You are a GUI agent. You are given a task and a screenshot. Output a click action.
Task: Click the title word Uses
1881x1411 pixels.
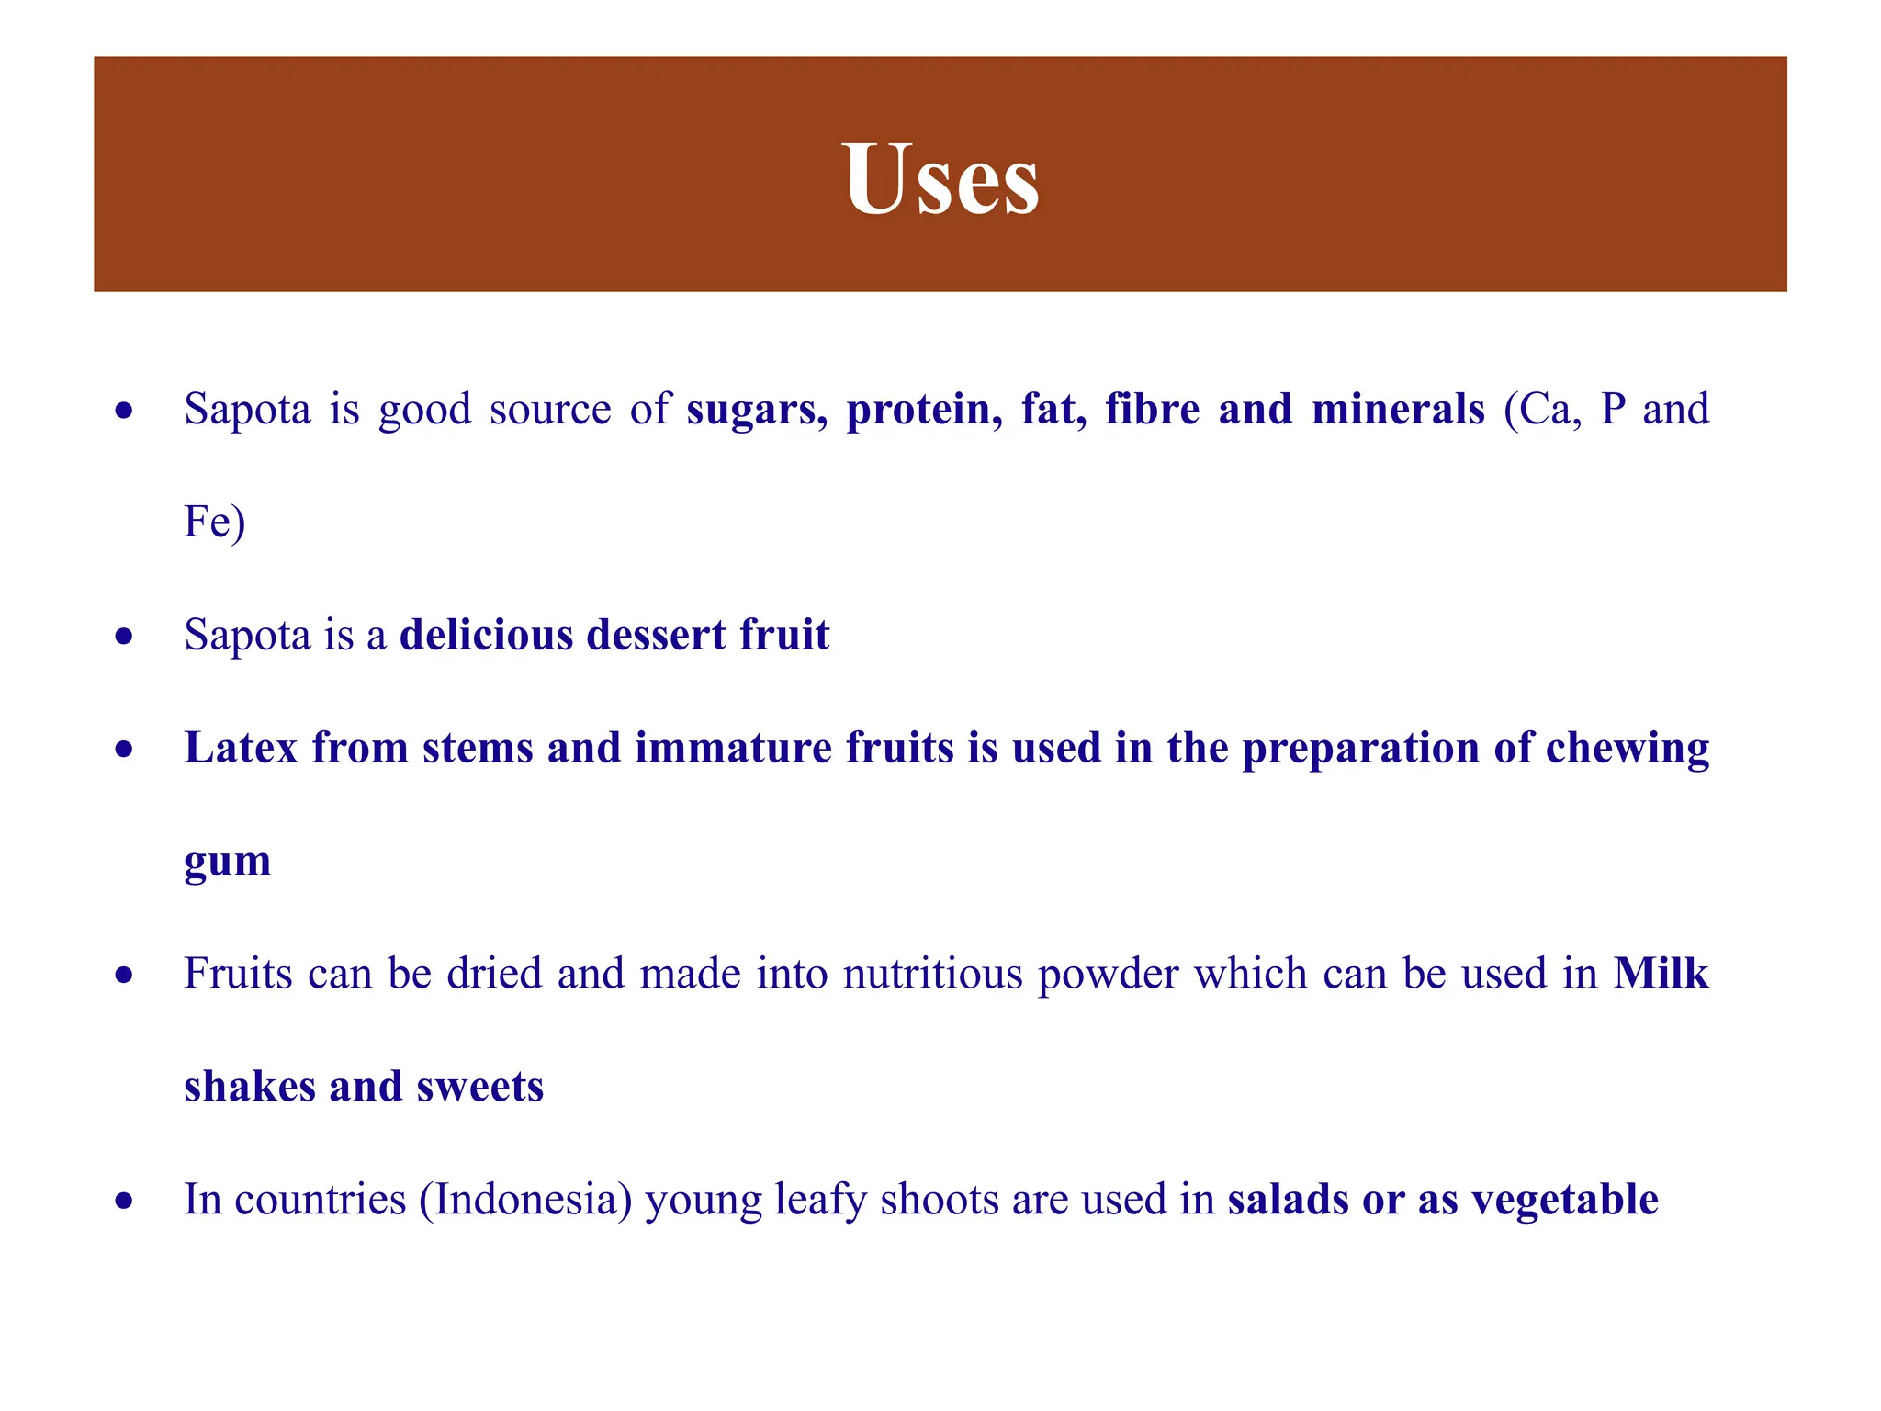pos(940,178)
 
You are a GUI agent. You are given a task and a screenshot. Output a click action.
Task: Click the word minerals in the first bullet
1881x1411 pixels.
pos(1398,410)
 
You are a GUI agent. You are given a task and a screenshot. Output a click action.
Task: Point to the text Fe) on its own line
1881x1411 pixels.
pos(214,523)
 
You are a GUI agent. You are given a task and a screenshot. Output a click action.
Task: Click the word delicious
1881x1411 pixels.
pos(486,635)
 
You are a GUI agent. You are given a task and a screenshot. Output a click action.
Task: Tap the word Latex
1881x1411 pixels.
pos(241,748)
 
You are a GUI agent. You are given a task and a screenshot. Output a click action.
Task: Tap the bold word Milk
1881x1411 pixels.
pos(1661,974)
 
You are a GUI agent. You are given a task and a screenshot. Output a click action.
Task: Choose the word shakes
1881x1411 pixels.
pos(249,1087)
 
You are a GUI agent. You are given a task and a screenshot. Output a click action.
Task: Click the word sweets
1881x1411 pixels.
pos(479,1087)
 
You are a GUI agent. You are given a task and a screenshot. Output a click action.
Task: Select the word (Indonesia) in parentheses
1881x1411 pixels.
pos(525,1200)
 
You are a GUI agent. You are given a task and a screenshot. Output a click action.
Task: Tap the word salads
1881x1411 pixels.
pos(1288,1200)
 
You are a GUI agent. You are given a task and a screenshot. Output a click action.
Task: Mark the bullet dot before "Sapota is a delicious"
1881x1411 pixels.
pos(125,637)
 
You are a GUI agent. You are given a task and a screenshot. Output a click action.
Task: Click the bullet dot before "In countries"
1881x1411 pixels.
pos(125,1201)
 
